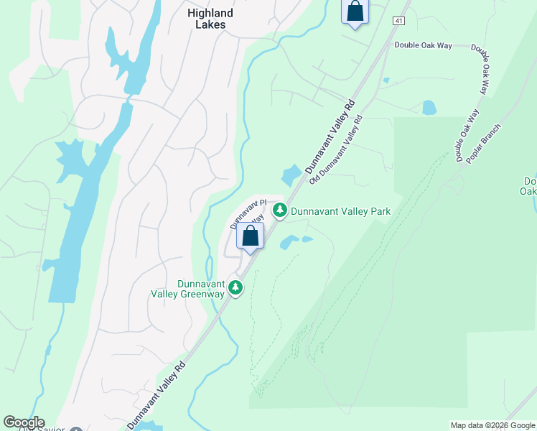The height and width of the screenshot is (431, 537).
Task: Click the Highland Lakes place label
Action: point(210,19)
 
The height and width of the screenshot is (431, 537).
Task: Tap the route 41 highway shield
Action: point(398,21)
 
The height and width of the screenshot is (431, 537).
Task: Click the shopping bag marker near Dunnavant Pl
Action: point(251,236)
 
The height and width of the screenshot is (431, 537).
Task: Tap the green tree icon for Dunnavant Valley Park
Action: point(280,210)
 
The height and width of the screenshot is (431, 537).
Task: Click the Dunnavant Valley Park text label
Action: point(340,211)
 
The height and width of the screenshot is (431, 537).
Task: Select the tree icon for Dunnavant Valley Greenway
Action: point(235,288)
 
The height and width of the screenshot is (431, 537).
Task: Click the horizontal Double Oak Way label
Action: point(423,45)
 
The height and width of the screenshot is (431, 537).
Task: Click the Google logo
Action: point(24,422)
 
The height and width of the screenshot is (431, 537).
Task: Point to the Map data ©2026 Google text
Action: point(492,425)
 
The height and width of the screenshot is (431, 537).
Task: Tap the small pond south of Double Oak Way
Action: point(429,108)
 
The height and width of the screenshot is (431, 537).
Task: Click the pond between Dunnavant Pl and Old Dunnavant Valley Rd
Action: point(292,175)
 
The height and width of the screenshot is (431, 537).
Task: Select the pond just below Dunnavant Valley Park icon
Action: point(290,242)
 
